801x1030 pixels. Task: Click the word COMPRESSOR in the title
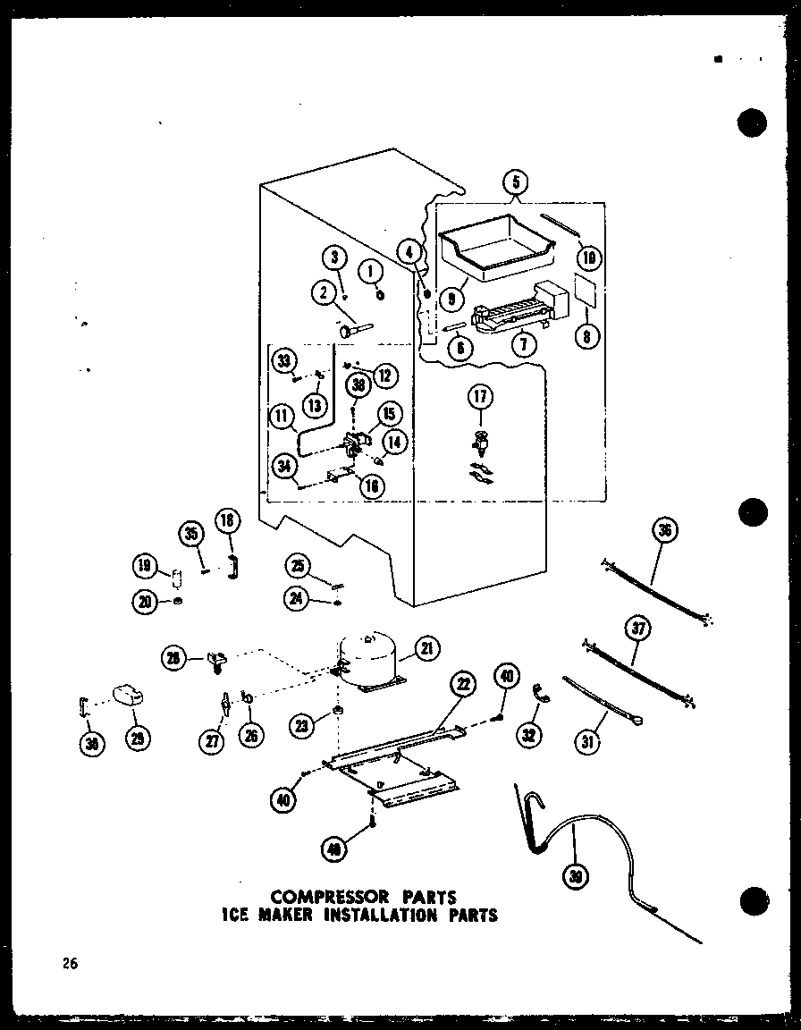325,897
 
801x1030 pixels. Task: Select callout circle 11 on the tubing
282,415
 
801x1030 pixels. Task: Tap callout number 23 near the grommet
306,727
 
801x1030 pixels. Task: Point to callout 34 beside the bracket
285,466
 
